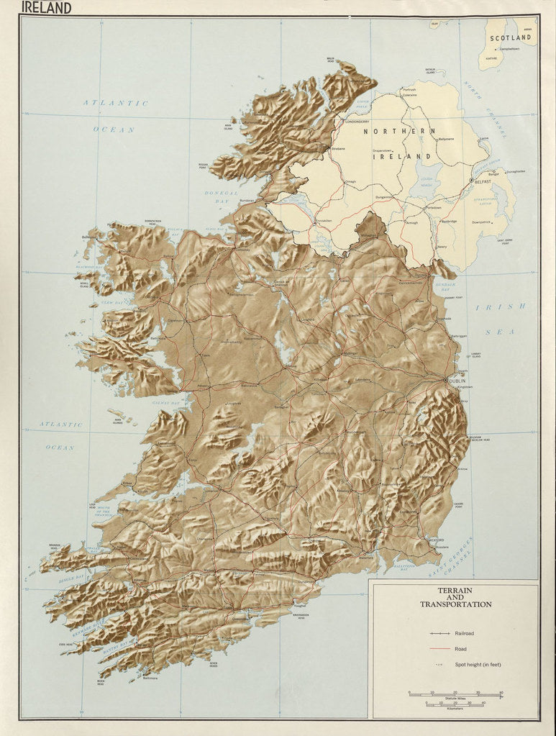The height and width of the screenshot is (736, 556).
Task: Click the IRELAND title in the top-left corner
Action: click(47, 8)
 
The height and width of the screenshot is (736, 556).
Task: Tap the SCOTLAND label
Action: click(510, 37)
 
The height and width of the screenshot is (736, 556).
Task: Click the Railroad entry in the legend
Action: click(463, 633)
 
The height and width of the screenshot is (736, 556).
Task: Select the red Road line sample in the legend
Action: click(439, 649)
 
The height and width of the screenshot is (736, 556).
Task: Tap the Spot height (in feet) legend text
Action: click(477, 664)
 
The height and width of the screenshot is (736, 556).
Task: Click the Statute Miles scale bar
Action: click(455, 694)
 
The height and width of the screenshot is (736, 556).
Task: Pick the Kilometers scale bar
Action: click(455, 705)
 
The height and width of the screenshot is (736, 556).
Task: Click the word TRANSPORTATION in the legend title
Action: click(455, 604)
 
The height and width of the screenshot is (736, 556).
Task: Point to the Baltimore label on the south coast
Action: click(150, 678)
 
